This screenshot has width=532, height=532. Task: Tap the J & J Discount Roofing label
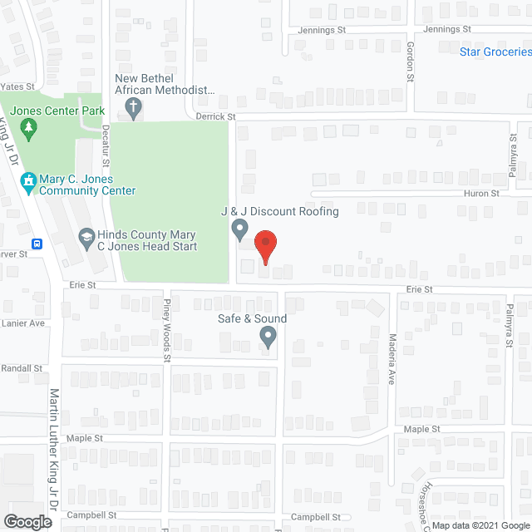coord(279,211)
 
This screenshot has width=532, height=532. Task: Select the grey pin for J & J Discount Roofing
coord(239,228)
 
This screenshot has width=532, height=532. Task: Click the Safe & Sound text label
coord(251,318)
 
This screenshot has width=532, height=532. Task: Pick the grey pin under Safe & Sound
coord(268,337)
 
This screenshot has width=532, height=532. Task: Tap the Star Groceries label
coord(495,52)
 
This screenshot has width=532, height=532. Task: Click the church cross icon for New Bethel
coord(133,106)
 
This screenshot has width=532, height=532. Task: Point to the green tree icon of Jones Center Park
coord(29,126)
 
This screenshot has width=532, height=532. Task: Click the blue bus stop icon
coord(37,244)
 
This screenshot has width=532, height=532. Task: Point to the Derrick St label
coord(216,117)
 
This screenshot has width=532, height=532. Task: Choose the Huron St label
coord(482,193)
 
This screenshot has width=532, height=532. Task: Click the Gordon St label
coord(410,62)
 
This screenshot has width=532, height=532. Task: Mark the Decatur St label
coord(106,142)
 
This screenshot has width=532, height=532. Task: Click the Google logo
coord(27,522)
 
